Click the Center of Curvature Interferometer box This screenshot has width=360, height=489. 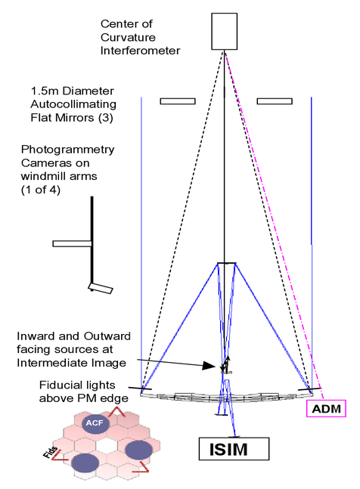click(225, 32)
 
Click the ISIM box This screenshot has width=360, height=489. click(234, 449)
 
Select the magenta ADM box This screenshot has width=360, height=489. click(326, 409)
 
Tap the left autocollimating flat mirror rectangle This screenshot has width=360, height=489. click(178, 101)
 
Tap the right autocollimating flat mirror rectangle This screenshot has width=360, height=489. click(275, 101)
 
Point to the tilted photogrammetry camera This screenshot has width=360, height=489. click(101, 288)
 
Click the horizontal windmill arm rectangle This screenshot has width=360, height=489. click(72, 243)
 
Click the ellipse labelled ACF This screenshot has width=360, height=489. click(95, 423)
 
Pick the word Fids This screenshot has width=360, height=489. click(51, 453)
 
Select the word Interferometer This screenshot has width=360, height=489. click(140, 51)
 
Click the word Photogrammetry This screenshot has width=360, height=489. click(68, 150)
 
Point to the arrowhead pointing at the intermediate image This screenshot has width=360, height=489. click(209, 366)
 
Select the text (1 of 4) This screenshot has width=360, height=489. click(41, 190)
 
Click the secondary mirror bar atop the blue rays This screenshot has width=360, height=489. click(226, 264)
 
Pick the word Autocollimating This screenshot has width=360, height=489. click(73, 104)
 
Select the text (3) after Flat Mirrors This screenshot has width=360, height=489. click(106, 118)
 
